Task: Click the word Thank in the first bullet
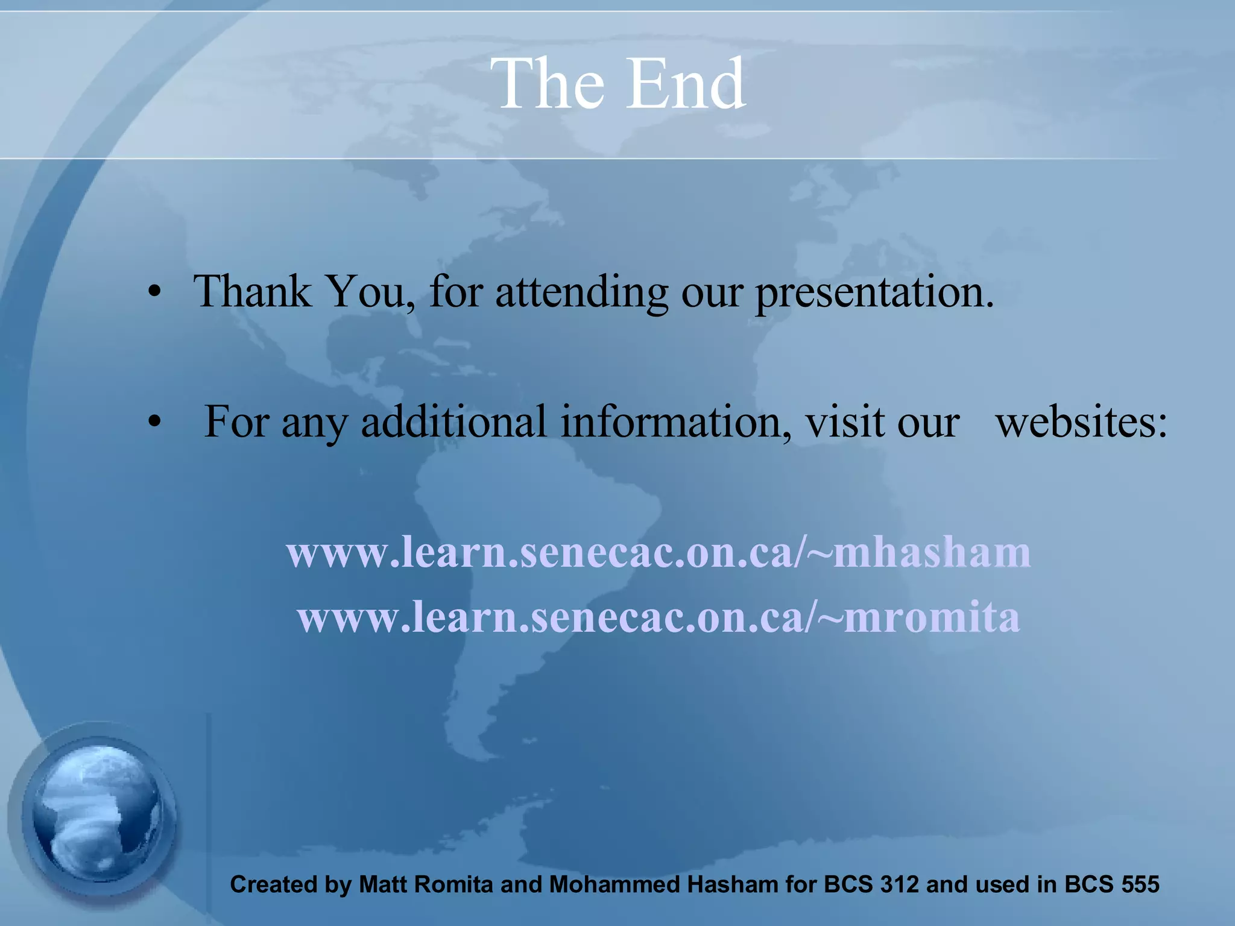pos(252,292)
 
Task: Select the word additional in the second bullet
pos(453,422)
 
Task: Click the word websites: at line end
pos(1081,422)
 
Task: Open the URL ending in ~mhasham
pos(659,552)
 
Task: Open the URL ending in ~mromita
pos(659,618)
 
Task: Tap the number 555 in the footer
pos(1140,884)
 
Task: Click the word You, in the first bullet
pos(370,292)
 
